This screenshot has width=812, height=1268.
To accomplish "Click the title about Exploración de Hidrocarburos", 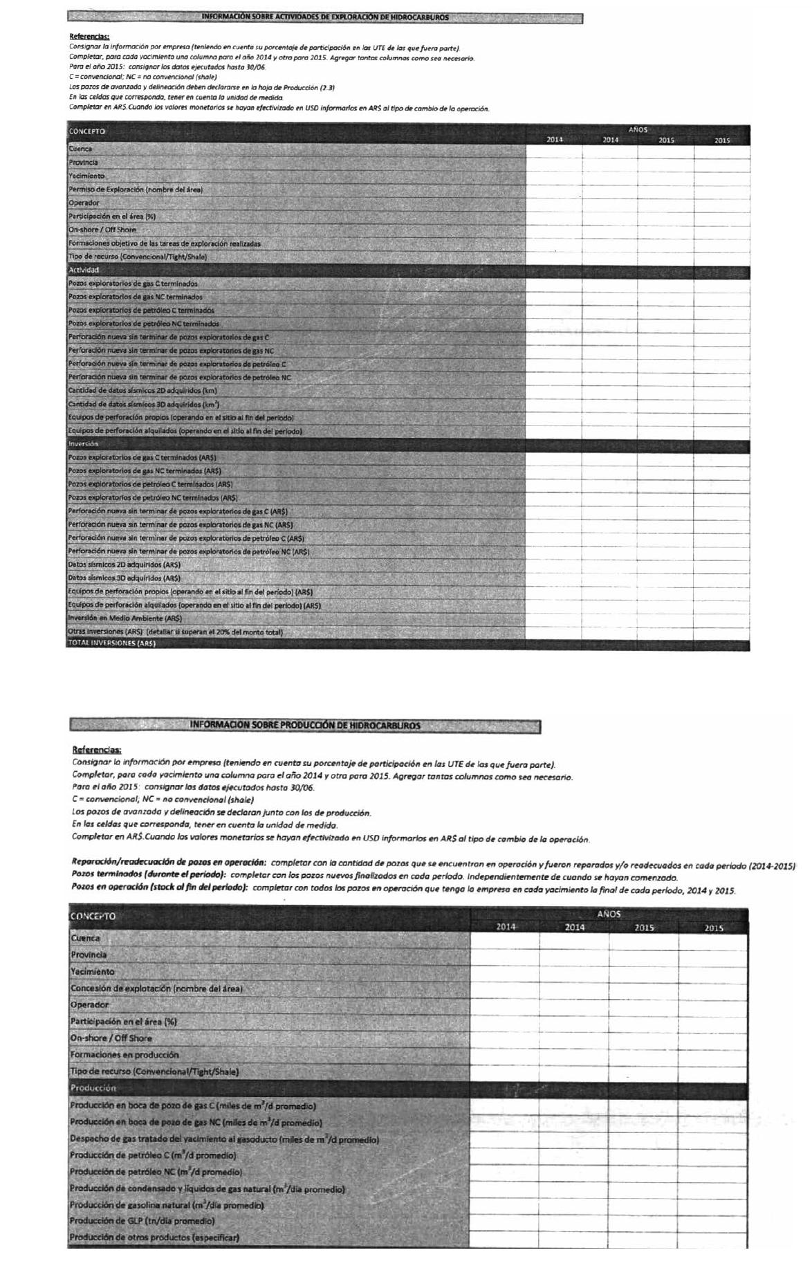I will click(x=324, y=17).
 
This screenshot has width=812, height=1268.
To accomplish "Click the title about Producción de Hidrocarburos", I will click(x=305, y=726).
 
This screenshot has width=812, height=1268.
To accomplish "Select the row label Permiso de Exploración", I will click(x=136, y=190).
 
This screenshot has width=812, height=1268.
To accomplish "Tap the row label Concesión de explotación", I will click(x=156, y=989).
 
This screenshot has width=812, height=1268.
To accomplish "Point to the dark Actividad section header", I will click(x=84, y=270).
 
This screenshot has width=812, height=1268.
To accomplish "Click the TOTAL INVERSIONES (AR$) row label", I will click(x=111, y=643).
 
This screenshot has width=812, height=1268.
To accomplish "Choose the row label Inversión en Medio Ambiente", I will click(x=125, y=618).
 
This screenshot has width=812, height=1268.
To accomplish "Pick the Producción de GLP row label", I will click(x=142, y=1221).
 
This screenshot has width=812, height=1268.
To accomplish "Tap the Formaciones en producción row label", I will click(x=124, y=1055).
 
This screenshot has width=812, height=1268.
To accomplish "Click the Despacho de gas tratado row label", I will click(x=225, y=1139).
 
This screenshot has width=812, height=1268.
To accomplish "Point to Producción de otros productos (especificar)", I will click(x=154, y=1238).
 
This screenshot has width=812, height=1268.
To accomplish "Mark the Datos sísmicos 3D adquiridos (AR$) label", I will click(x=124, y=578).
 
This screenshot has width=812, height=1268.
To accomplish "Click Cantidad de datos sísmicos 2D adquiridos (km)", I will click(x=142, y=391).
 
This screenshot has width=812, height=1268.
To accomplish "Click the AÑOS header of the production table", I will click(x=608, y=914).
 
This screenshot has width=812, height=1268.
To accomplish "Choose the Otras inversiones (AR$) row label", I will click(x=176, y=632).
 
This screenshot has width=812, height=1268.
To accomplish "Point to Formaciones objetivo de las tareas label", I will click(x=164, y=244).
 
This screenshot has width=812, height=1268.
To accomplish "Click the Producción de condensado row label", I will click(x=207, y=1188).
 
